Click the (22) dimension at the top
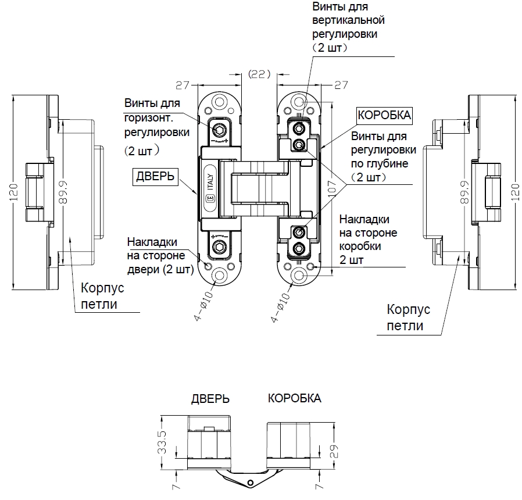point(259,74)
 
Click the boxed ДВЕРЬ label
point(155,176)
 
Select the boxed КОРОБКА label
point(384,115)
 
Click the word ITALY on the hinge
point(210,181)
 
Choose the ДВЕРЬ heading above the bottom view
point(210,399)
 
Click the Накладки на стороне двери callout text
point(160,256)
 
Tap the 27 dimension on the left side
point(183,86)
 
